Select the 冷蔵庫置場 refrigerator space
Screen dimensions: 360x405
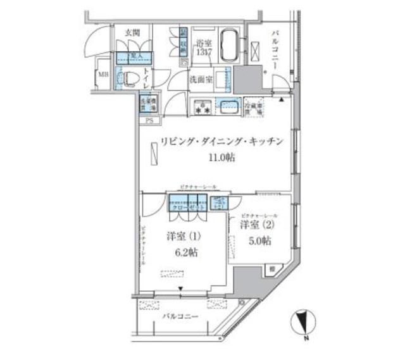click(x=255, y=107)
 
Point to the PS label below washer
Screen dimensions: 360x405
click(x=149, y=120)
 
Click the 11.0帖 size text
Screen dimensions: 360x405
click(x=220, y=158)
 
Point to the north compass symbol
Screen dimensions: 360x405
click(x=303, y=323)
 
